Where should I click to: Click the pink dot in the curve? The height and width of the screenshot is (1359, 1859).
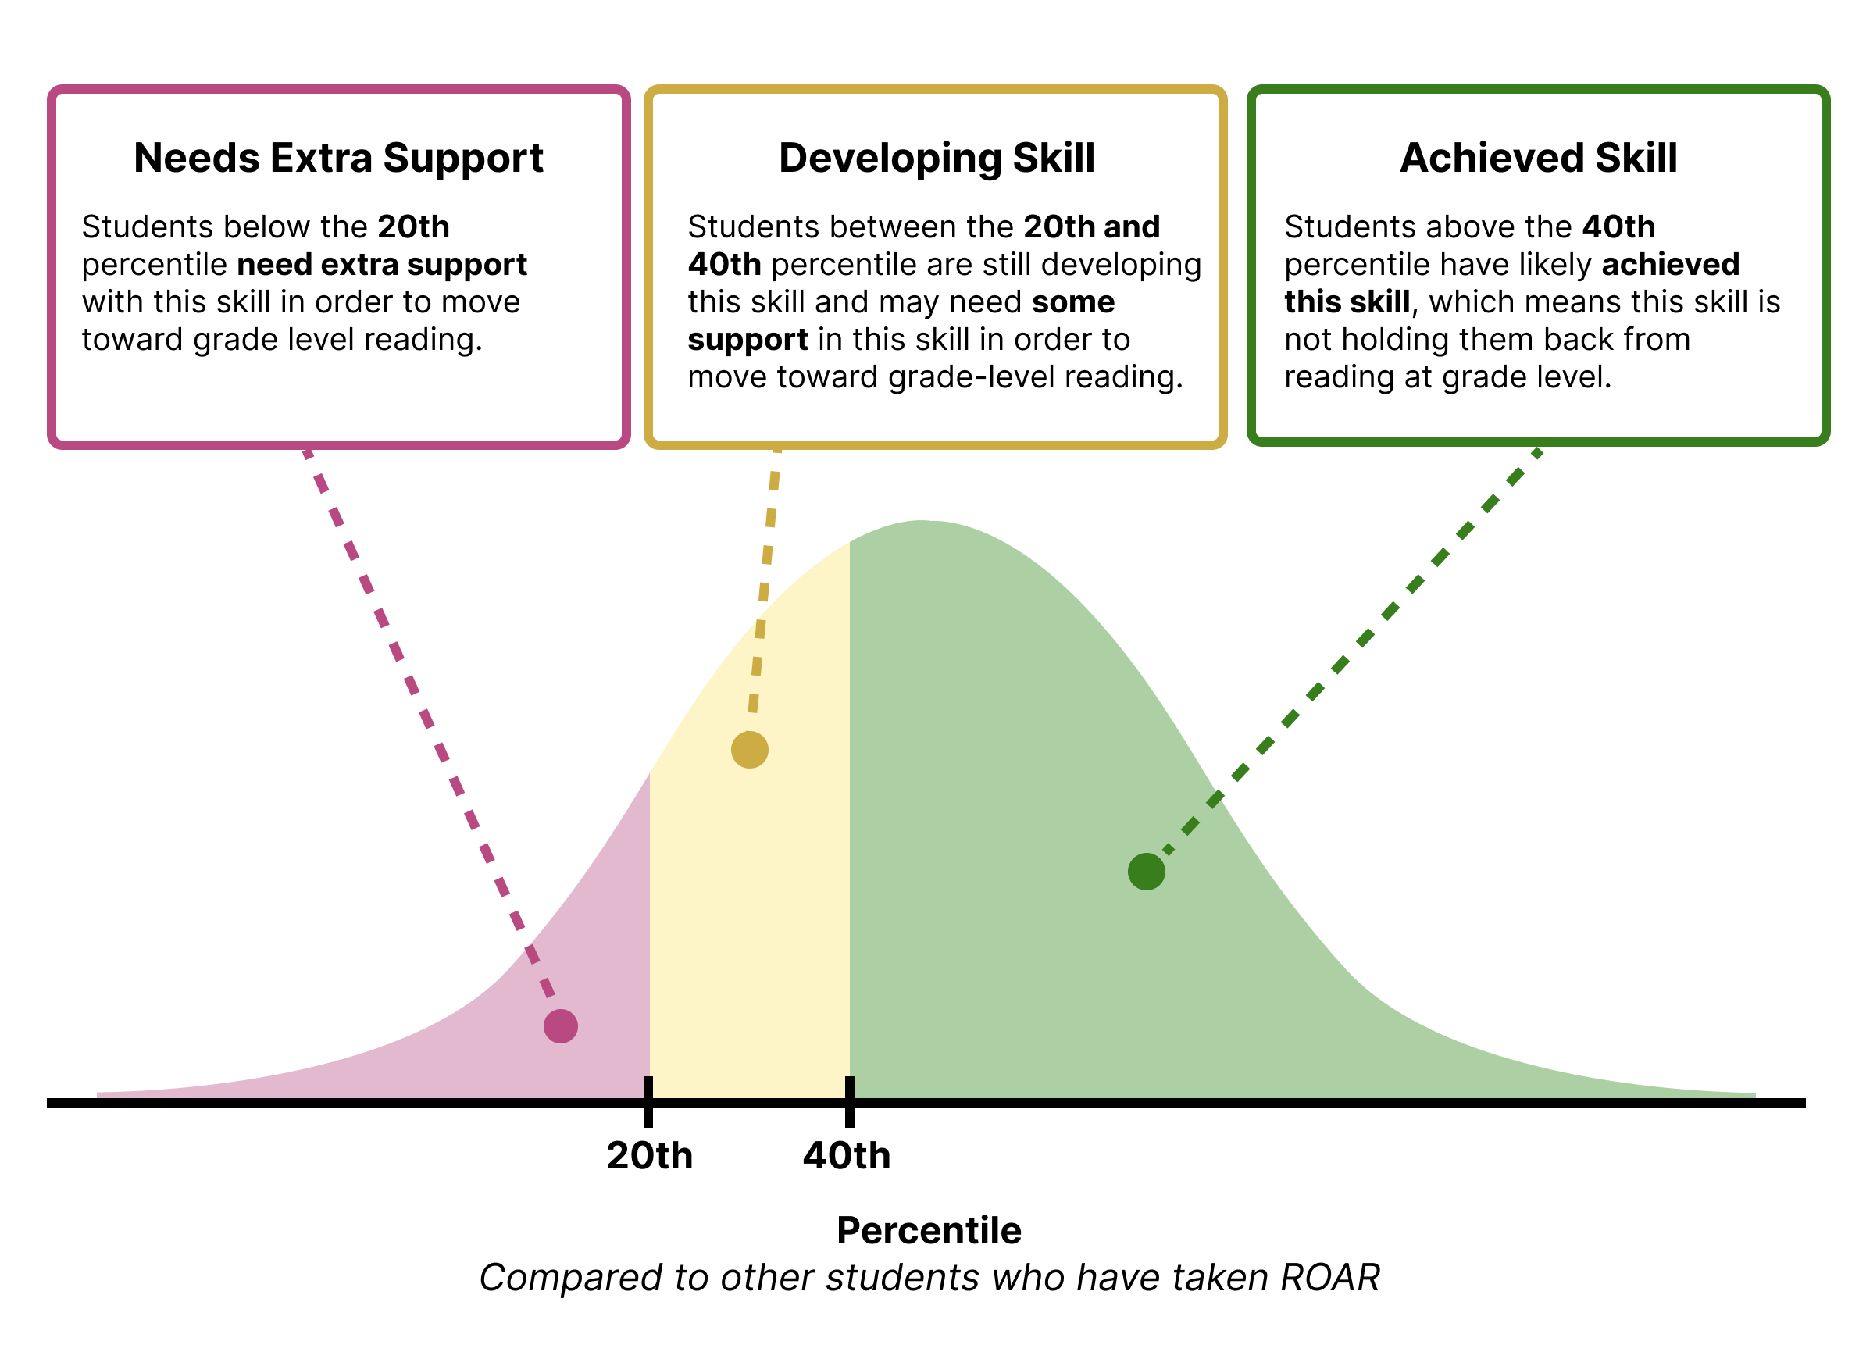(x=560, y=1025)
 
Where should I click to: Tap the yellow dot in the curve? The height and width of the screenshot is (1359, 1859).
(x=749, y=750)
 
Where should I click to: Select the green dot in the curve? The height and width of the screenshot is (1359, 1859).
(x=1146, y=871)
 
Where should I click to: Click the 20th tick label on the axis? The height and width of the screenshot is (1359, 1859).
(x=649, y=1156)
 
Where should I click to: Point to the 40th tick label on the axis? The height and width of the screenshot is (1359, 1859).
(x=847, y=1156)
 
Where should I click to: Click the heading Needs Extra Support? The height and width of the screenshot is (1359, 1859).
(x=338, y=158)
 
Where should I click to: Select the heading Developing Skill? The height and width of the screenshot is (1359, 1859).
(x=936, y=158)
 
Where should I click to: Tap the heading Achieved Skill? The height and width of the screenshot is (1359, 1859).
(x=1538, y=158)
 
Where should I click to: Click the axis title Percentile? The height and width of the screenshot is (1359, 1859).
(x=929, y=1231)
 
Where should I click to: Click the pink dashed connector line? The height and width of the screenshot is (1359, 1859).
(x=428, y=724)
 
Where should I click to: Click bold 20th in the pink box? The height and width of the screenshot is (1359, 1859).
(x=414, y=227)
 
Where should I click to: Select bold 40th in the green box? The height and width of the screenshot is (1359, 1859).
(x=1618, y=227)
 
